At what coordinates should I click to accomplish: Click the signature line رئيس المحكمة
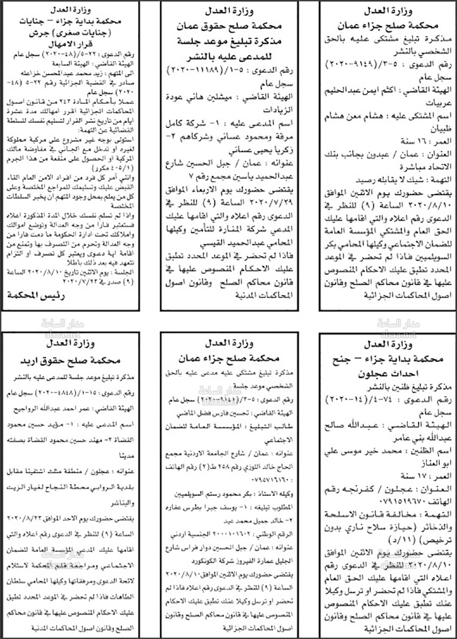(x=36, y=296)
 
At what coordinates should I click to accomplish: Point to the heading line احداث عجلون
(x=388, y=374)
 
